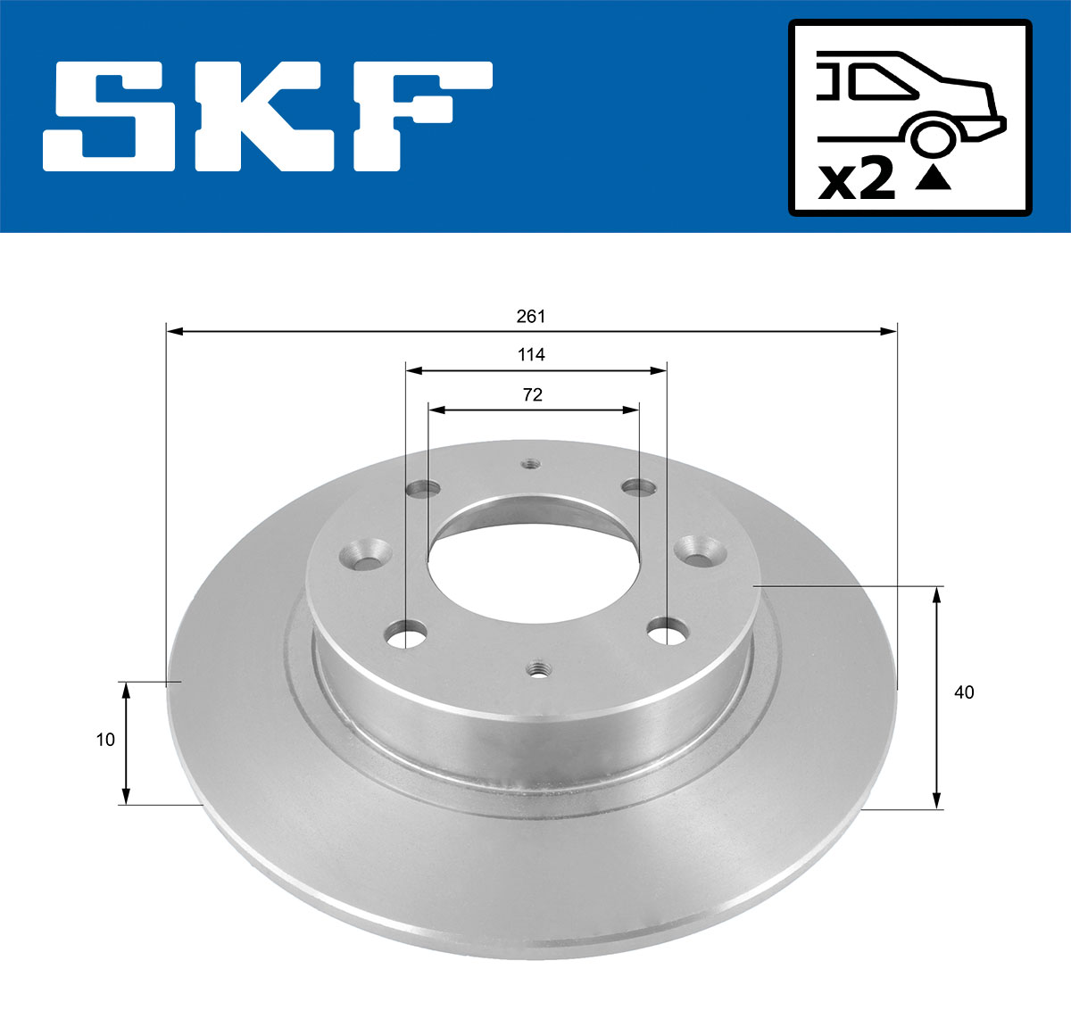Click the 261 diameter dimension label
click(x=530, y=317)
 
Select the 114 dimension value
click(x=531, y=355)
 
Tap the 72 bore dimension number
click(x=532, y=394)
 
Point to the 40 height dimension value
click(x=964, y=692)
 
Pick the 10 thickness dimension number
click(x=105, y=740)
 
